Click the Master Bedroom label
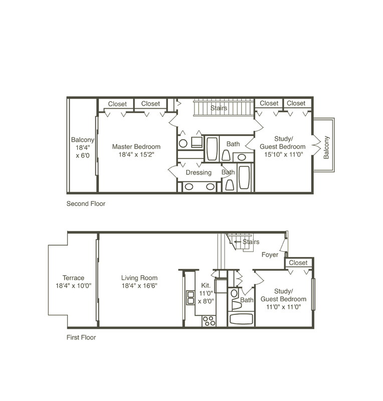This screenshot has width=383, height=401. tap(136, 147)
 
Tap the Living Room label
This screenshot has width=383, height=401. tap(139, 278)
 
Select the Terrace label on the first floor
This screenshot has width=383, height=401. tap(73, 278)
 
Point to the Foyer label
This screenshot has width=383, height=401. tap(270, 255)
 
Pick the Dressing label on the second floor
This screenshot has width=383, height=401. tap(199, 172)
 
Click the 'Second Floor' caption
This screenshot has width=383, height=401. tap(86, 204)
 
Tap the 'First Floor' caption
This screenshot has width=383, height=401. tap(81, 337)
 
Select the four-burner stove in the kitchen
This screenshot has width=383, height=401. tap(209, 321)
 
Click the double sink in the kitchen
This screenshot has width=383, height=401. tap(190, 297)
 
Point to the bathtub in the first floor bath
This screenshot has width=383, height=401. tap(241, 319)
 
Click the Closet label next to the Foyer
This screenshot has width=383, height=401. tap(298, 263)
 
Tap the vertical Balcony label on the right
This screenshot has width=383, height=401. tap(326, 147)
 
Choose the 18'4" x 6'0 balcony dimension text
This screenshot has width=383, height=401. tap(83, 152)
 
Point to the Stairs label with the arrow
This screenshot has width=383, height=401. tap(247, 242)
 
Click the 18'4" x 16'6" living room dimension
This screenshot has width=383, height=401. tap(139, 286)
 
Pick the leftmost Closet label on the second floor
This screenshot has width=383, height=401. tap(117, 104)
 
